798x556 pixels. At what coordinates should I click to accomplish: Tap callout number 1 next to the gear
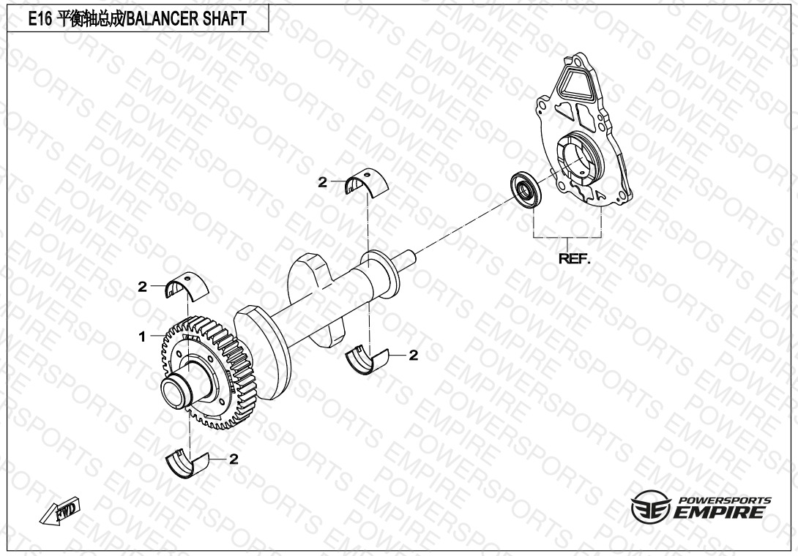143,337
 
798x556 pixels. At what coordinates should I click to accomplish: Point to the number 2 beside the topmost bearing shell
322,182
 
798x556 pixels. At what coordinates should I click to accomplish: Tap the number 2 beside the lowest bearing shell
234,459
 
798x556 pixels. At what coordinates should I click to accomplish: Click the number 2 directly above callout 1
142,287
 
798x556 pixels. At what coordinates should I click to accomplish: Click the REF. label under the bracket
573,258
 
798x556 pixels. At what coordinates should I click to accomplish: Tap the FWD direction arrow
62,513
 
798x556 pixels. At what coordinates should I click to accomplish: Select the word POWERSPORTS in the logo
724,500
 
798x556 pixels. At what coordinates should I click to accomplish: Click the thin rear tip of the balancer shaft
411,255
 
